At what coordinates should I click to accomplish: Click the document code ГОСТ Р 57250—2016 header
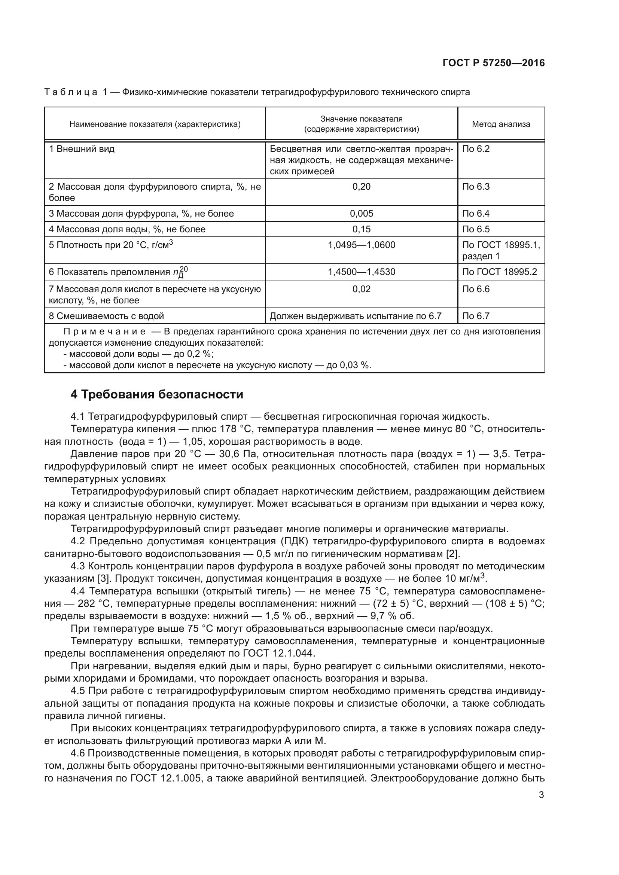click(x=494, y=63)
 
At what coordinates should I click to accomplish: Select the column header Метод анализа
click(x=501, y=124)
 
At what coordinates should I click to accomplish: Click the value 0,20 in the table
click(x=362, y=187)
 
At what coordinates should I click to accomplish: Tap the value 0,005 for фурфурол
click(x=362, y=213)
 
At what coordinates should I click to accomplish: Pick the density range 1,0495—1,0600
click(x=362, y=245)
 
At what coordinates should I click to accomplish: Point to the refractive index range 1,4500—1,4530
click(x=362, y=272)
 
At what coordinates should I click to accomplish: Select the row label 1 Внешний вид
click(x=82, y=149)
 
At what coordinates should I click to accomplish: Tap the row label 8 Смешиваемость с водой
click(x=106, y=316)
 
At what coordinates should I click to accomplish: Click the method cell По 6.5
click(x=476, y=229)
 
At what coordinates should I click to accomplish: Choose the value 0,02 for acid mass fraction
click(x=362, y=289)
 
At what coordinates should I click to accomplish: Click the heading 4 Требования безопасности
click(x=157, y=394)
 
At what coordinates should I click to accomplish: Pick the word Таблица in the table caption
click(x=70, y=92)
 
